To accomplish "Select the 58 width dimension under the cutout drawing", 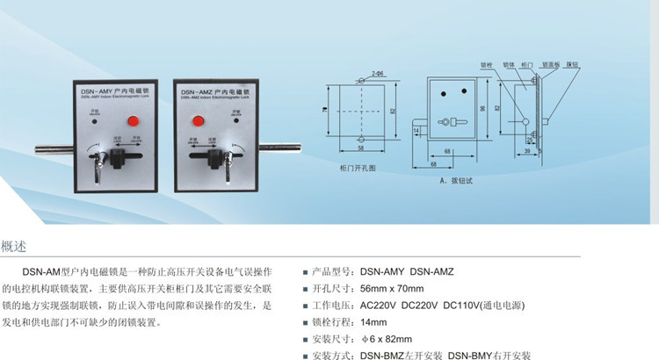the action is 362,148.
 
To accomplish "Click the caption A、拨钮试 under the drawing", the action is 457,183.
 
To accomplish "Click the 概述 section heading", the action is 15,247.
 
